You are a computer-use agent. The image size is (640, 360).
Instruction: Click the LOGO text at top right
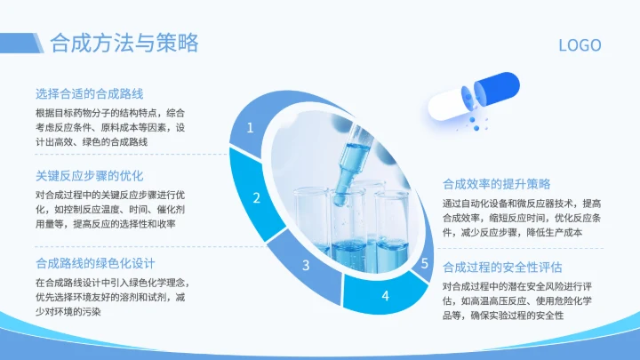580,45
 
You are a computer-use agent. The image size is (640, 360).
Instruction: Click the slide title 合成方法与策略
124,43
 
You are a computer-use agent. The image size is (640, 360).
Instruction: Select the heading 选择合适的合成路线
90,93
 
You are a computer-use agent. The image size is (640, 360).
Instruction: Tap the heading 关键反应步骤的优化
90,175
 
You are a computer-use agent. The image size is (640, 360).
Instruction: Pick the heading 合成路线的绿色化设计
96,263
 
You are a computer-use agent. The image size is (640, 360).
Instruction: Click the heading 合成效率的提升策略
497,184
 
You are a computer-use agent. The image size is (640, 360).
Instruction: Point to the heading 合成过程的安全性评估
502,267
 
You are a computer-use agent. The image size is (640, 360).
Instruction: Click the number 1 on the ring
250,128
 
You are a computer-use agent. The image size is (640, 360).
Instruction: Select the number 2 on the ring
256,199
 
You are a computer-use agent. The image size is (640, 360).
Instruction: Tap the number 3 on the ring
306,265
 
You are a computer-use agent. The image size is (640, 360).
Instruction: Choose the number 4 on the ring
385,295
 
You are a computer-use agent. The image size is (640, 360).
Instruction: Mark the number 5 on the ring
425,263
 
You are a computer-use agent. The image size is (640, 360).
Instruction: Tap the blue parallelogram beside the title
40,42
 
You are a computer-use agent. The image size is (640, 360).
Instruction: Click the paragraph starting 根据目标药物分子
110,127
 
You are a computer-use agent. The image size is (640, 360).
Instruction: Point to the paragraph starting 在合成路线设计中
110,297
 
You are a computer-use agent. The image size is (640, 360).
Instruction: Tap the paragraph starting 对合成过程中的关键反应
110,209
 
